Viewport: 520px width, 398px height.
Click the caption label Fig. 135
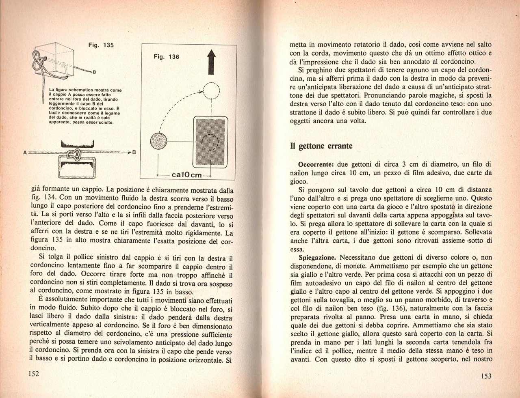point(101,45)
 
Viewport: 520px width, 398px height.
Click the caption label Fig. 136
point(166,57)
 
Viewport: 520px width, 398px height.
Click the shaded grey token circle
point(158,141)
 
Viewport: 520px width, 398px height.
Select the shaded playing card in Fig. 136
point(211,142)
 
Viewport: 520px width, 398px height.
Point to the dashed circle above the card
point(211,90)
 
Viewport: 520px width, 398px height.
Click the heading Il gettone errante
point(321,146)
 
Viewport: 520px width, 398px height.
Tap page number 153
point(486,376)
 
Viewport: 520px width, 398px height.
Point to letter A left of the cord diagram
point(25,153)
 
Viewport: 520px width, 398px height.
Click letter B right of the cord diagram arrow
point(134,153)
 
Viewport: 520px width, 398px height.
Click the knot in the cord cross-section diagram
point(74,154)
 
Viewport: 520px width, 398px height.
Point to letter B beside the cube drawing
point(94,73)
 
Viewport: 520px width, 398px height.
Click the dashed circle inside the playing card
point(210,142)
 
